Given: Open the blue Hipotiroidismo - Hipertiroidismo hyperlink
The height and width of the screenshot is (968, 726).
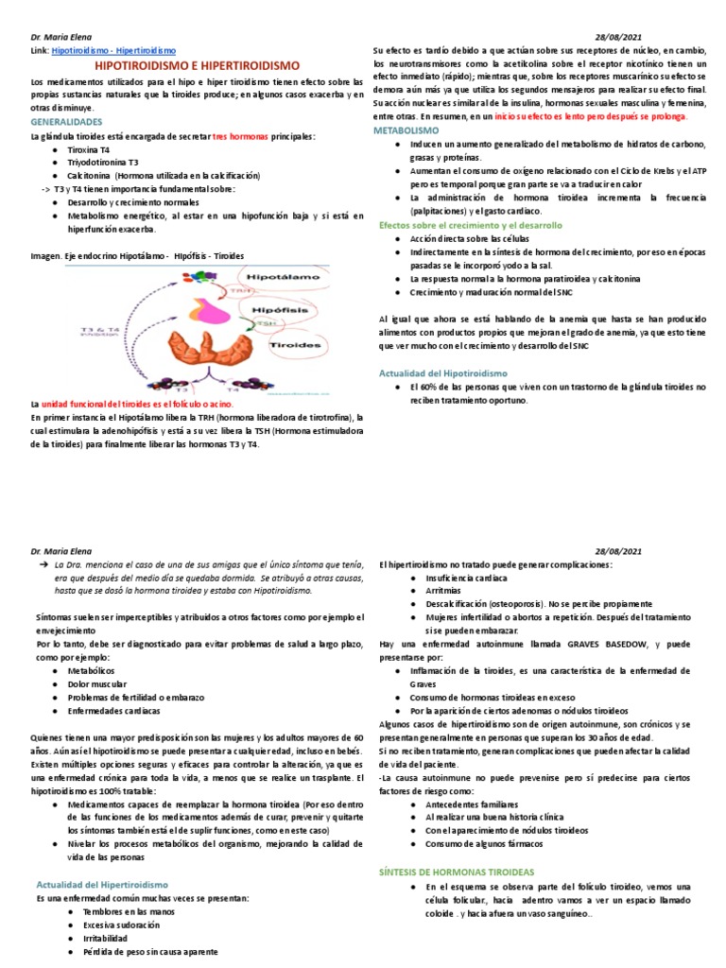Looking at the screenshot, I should [113, 49].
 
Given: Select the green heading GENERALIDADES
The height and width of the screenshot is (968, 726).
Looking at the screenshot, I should [68, 123].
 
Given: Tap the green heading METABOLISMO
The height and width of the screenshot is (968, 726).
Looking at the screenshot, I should [406, 129].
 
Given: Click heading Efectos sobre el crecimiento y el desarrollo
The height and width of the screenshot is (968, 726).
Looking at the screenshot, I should [470, 226].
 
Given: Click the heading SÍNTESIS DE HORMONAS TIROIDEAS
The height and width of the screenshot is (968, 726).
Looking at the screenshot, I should [457, 871].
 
